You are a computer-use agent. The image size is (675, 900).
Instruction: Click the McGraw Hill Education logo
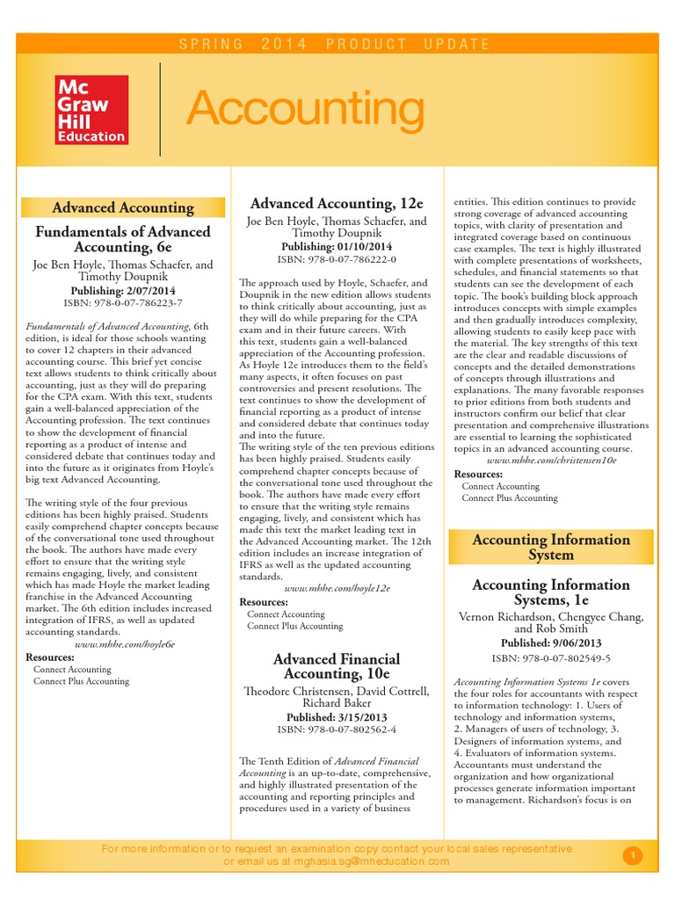[x=91, y=110]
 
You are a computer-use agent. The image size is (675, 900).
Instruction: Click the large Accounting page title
[x=305, y=110]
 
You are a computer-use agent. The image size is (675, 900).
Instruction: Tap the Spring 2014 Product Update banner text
[x=337, y=44]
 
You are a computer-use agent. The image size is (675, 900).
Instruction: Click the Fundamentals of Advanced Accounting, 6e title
[x=123, y=239]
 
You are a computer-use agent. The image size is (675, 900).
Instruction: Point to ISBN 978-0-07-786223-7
[x=123, y=303]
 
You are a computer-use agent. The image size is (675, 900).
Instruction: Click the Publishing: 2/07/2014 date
[x=123, y=291]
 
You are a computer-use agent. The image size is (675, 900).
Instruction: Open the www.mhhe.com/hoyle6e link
[x=126, y=644]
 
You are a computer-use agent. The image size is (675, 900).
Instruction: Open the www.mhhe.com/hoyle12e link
[x=337, y=587]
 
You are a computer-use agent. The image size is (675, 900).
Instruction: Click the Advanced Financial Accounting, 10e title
[x=337, y=666]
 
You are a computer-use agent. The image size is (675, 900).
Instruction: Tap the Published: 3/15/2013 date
[x=337, y=717]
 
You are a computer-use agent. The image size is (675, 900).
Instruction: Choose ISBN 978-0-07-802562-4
[x=337, y=729]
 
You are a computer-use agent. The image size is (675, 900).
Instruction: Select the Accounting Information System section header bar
[x=551, y=547]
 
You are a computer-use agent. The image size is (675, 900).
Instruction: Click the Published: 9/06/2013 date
[x=551, y=643]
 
